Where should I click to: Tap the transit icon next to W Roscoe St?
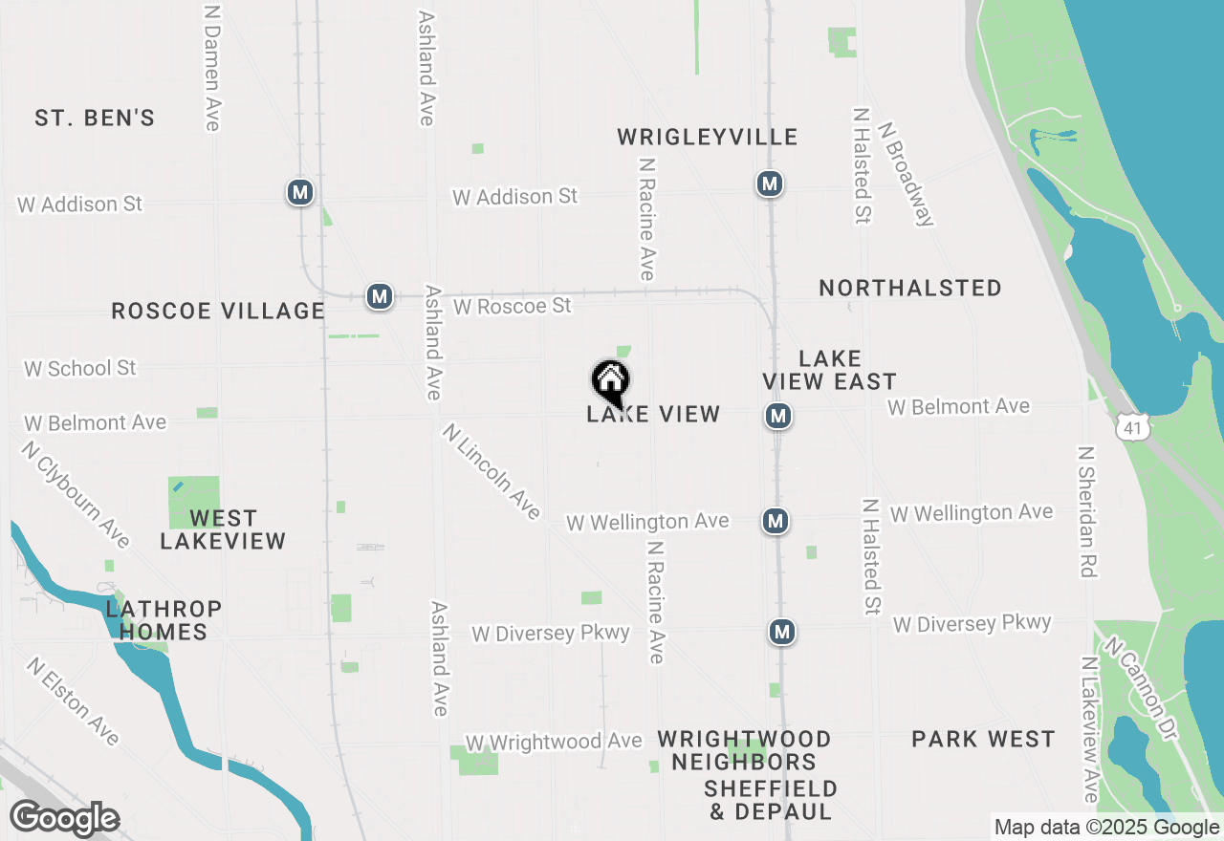(380, 296)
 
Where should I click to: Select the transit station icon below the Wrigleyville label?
(770, 183)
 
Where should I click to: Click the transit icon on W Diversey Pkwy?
(782, 632)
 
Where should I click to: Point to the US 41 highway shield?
(1132, 428)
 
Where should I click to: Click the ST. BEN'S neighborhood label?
(95, 119)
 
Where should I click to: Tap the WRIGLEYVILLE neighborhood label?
(708, 137)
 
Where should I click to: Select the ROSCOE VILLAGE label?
(218, 311)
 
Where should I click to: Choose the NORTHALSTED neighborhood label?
(910, 288)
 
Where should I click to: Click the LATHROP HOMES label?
(164, 620)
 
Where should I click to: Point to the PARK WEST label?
(983, 739)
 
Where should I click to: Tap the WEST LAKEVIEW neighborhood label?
(223, 529)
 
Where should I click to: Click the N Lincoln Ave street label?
(492, 472)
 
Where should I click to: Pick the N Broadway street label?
(905, 173)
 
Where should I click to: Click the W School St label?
(80, 368)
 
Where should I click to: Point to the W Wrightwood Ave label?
(553, 742)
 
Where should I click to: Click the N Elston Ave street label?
(74, 701)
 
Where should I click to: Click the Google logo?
(65, 819)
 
